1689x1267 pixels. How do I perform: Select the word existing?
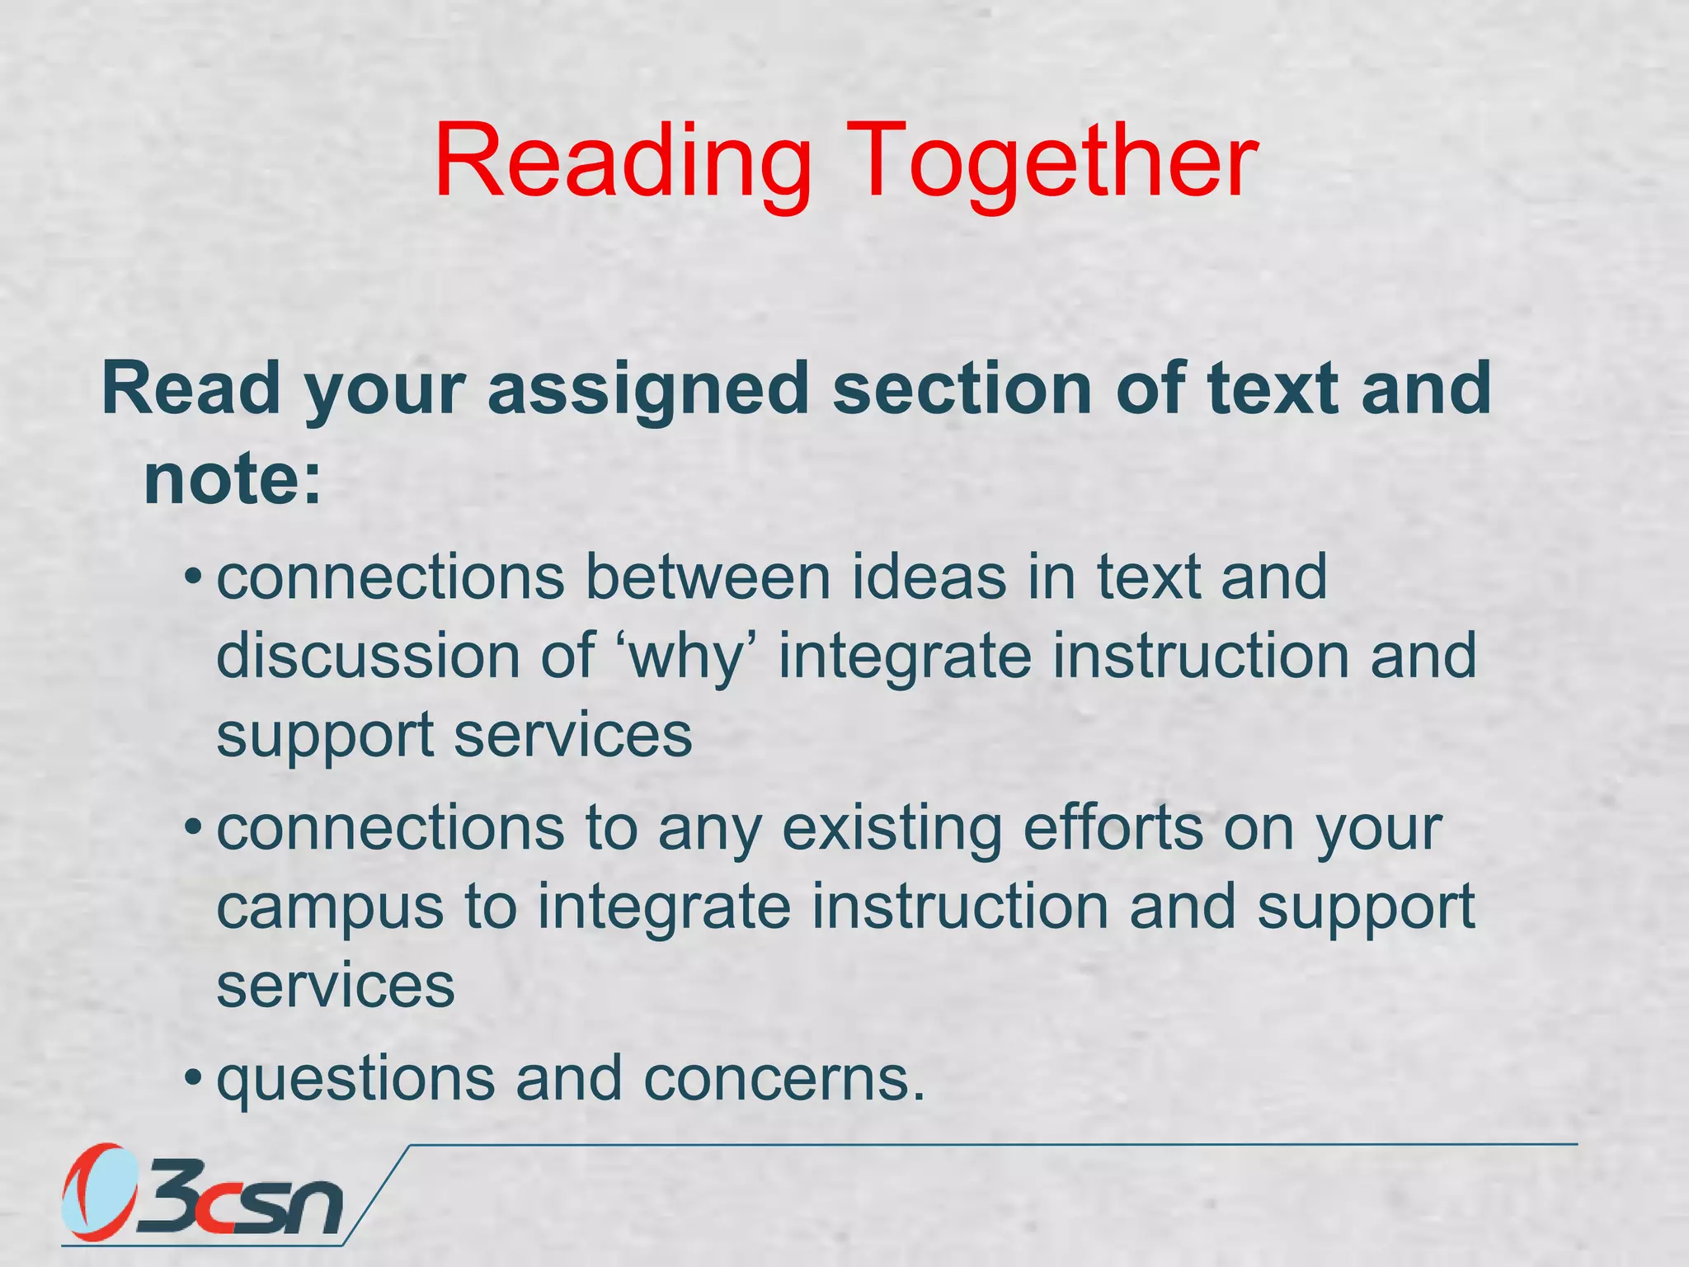coord(892,829)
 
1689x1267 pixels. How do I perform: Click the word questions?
coord(355,1080)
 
